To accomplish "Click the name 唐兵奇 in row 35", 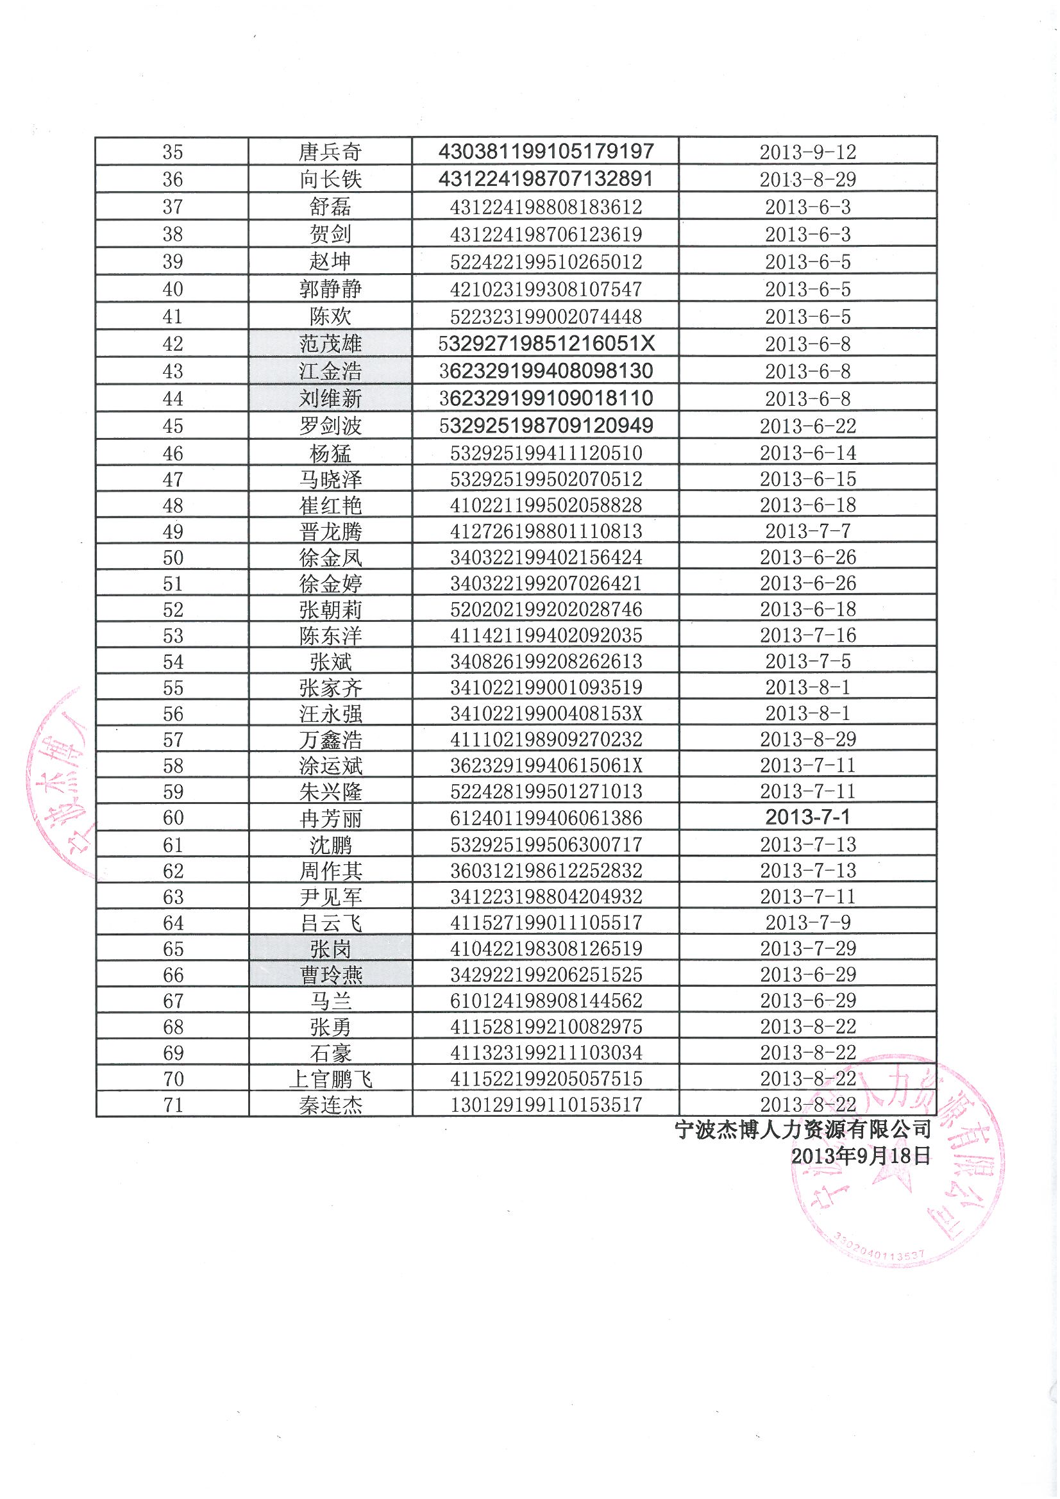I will [x=330, y=152].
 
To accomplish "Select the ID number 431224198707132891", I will [x=545, y=179].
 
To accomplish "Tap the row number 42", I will [x=172, y=344].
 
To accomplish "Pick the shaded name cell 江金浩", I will [x=330, y=371].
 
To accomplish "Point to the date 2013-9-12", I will [x=807, y=152].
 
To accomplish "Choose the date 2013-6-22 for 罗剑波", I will [x=807, y=426].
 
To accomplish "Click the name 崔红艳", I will [x=330, y=505].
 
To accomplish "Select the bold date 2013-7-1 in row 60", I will [x=807, y=817].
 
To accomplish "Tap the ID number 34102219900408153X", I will [x=546, y=714].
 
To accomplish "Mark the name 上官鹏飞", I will [x=330, y=1079].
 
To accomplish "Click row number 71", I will [x=172, y=1105].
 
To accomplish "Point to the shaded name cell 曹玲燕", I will [x=330, y=975].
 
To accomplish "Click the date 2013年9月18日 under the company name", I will [x=860, y=1156].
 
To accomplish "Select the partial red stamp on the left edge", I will [x=59, y=783].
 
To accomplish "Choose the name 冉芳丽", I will [x=330, y=818].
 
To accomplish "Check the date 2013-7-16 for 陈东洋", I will [x=807, y=635].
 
